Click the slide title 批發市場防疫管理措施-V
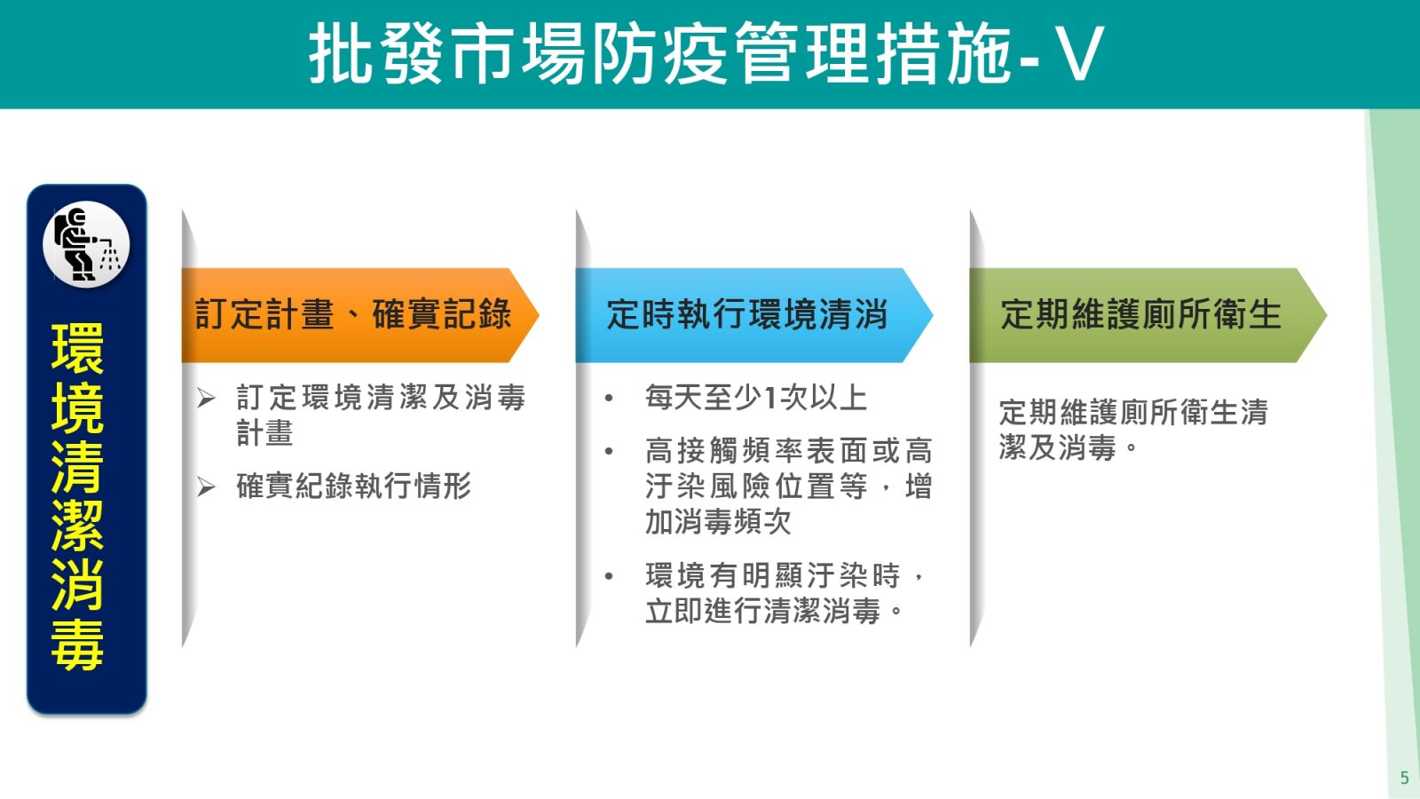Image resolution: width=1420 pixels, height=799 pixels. coord(706,53)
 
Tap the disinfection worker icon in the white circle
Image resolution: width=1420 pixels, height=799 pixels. coord(86,244)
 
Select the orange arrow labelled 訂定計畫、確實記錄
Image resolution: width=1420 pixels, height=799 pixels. coord(360,315)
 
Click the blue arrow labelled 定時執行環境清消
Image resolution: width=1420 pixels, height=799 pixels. coord(753,315)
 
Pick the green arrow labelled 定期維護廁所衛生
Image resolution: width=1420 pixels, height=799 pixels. coord(1148,315)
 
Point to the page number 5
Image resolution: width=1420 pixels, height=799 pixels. coord(1404,778)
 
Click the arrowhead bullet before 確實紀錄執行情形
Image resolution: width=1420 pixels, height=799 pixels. coord(206,487)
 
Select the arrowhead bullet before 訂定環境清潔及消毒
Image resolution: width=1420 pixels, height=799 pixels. coord(206,399)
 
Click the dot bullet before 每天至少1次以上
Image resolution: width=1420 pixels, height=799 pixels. coord(609,399)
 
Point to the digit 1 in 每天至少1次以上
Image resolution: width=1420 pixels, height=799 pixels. coord(770,399)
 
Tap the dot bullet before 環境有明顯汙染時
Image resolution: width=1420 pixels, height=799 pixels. coord(609,576)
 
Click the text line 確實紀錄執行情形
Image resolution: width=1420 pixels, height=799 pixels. coord(354,487)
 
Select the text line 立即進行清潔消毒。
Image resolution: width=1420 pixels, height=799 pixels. coord(774,612)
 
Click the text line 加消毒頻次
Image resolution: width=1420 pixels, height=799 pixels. coord(718,522)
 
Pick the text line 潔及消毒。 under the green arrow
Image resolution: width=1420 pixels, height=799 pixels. coord(1069,447)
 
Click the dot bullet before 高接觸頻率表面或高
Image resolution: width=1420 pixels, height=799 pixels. coord(609,452)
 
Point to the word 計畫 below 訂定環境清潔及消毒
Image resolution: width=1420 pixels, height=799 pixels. coord(264,434)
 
